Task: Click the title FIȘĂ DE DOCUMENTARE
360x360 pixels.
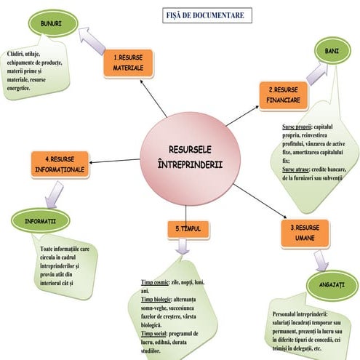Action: click(209, 15)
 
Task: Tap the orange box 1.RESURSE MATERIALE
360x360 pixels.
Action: click(132, 63)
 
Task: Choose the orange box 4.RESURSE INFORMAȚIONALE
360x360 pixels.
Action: click(59, 164)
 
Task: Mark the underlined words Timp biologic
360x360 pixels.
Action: click(156, 298)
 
